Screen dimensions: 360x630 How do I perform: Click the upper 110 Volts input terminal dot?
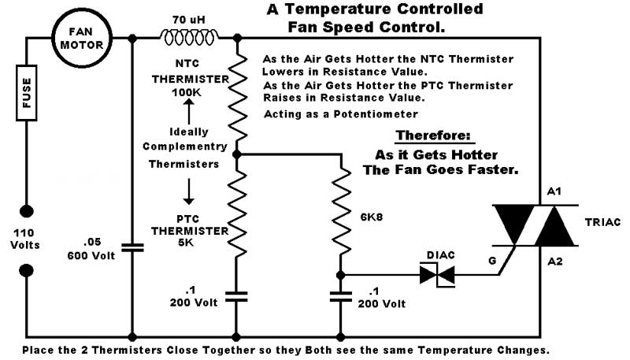point(27,212)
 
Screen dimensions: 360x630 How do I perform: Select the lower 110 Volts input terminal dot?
point(27,270)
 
